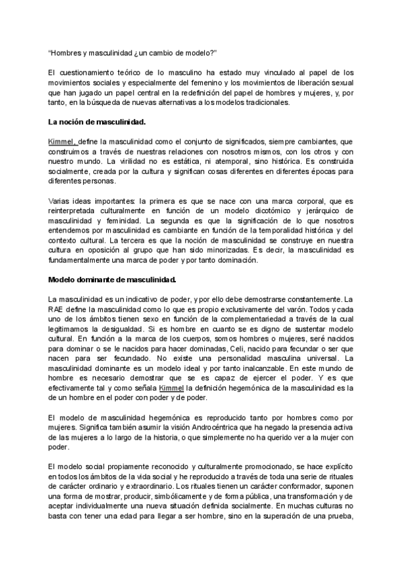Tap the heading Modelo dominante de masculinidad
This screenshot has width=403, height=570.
(x=112, y=278)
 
